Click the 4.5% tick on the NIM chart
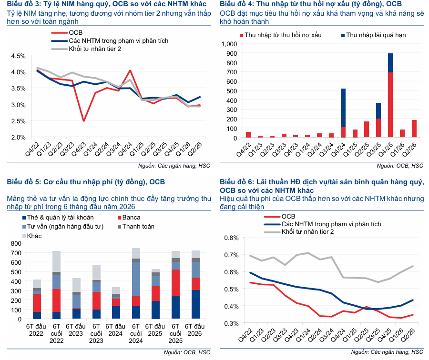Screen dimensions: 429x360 click(x=18, y=56)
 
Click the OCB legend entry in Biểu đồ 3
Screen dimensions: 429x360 click(x=67, y=32)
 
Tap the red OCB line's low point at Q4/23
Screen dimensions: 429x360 click(x=84, y=120)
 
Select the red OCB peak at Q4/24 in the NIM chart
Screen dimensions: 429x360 click(x=130, y=70)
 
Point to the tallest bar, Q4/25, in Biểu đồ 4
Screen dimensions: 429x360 click(x=390, y=95)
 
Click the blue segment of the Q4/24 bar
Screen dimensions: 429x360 click(x=343, y=108)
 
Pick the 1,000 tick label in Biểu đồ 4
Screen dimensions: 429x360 click(x=229, y=44)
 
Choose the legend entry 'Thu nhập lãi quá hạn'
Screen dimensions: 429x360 click(x=374, y=35)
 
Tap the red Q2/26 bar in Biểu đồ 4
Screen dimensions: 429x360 click(x=414, y=129)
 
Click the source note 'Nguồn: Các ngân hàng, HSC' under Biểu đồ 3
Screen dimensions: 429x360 click(x=174, y=166)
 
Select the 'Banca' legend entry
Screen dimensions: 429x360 click(x=129, y=218)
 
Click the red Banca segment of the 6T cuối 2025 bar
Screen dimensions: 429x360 click(x=175, y=283)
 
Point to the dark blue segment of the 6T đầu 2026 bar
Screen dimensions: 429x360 click(x=195, y=304)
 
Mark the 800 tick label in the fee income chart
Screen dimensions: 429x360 click(x=16, y=243)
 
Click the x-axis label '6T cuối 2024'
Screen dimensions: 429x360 click(x=136, y=333)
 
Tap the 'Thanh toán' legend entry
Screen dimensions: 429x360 click(x=136, y=227)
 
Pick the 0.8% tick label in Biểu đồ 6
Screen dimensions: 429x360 click(x=232, y=238)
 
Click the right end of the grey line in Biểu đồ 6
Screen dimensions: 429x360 click(x=413, y=266)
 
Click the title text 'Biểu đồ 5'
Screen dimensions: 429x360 click(x=24, y=182)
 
